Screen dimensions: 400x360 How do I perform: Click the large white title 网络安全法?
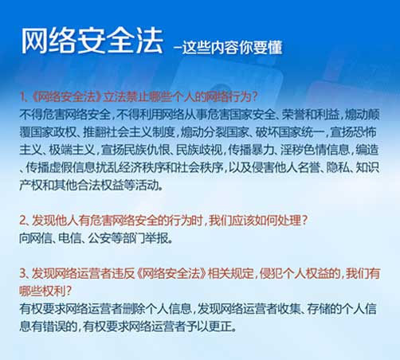pos(92,41)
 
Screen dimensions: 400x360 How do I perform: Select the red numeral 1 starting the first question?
pos(22,97)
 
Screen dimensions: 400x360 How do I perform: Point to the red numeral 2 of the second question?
pos(22,221)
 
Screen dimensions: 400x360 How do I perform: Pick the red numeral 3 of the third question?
pos(22,273)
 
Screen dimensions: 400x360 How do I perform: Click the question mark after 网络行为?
pos(254,97)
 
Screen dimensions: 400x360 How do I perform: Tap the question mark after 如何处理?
pos(304,221)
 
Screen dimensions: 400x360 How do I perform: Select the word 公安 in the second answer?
pos(99,238)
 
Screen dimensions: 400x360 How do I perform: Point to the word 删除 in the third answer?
pos(134,309)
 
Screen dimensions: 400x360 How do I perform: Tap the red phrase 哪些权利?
pos(42,292)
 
